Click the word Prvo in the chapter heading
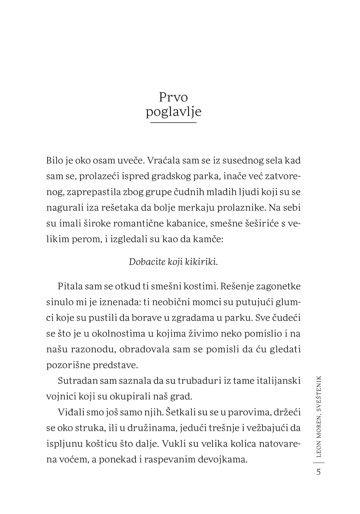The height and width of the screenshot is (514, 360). pyautogui.click(x=173, y=97)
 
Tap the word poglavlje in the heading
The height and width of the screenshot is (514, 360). pyautogui.click(x=173, y=112)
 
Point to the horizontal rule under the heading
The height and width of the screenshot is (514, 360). pyautogui.click(x=173, y=122)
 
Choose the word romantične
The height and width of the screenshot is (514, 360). pyautogui.click(x=135, y=223)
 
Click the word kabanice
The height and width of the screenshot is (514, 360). pyautogui.click(x=186, y=223)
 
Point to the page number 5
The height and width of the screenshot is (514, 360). pyautogui.click(x=319, y=472)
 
